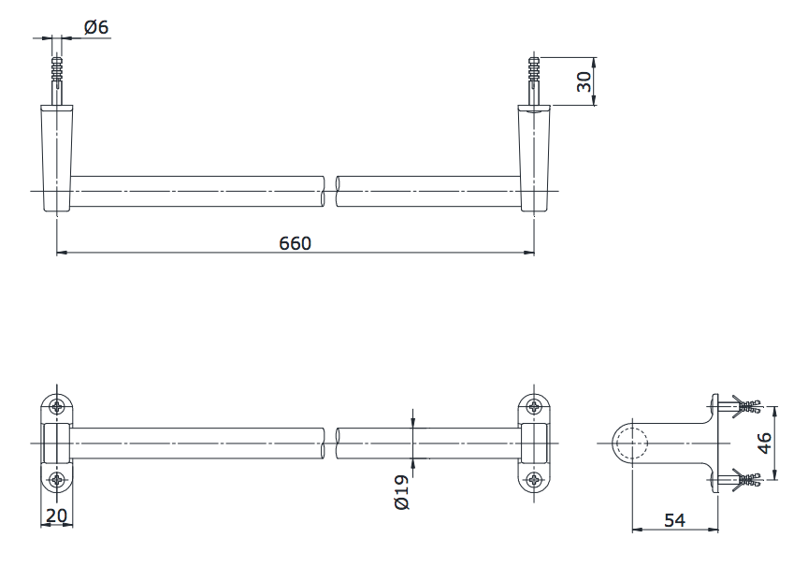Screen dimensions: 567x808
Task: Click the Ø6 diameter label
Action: tap(96, 27)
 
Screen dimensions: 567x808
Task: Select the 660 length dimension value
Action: tap(295, 243)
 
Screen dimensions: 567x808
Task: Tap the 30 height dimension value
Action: tap(585, 81)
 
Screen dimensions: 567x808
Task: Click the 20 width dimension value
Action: tap(57, 515)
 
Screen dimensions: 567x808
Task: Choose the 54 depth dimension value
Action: tap(673, 520)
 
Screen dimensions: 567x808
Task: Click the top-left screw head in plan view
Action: tap(58, 407)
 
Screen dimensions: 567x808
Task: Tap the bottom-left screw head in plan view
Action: tap(58, 479)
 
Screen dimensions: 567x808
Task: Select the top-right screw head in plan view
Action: tap(534, 407)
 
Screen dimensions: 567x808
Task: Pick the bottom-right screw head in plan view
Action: tap(534, 479)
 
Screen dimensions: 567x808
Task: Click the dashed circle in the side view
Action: tap(634, 443)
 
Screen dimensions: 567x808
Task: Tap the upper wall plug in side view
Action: tap(744, 405)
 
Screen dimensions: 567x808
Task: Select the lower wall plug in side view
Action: tap(744, 479)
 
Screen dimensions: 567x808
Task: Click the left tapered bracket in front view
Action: tap(56, 159)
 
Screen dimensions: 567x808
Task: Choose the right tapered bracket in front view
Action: tap(534, 159)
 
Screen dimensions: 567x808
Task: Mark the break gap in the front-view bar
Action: tap(331, 191)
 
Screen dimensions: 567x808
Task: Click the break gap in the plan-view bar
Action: tap(331, 443)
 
